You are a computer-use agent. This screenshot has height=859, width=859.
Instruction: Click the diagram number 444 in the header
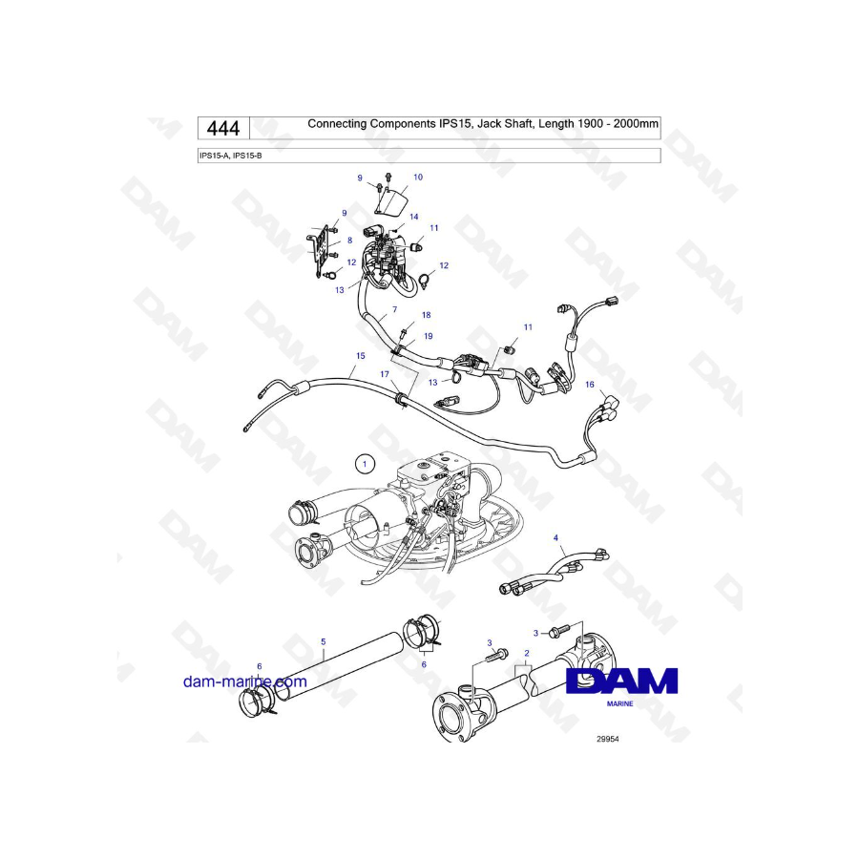(x=223, y=129)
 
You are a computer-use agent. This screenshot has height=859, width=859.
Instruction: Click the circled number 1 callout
(x=365, y=465)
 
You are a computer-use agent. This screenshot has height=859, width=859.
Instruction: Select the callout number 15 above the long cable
(x=361, y=356)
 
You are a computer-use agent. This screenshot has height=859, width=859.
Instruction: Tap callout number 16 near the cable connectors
(x=590, y=385)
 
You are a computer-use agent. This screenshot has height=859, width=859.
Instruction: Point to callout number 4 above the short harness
(x=555, y=538)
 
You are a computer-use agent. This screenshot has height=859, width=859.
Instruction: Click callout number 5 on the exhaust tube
(x=324, y=641)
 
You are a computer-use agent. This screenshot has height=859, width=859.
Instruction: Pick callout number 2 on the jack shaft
(x=527, y=653)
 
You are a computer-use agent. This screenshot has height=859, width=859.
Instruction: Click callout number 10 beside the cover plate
(x=418, y=177)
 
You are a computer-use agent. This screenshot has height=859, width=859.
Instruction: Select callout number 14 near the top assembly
(x=414, y=217)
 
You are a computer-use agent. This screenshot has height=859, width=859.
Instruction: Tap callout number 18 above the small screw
(x=427, y=315)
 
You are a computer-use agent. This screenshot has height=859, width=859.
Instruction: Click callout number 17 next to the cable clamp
(x=385, y=374)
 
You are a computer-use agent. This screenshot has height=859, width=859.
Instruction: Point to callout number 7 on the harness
(x=394, y=309)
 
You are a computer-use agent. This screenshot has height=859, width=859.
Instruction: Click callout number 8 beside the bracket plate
(x=349, y=241)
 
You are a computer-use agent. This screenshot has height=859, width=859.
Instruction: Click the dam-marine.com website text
(x=245, y=681)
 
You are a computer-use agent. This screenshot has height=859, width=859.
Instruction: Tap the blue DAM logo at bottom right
(x=621, y=681)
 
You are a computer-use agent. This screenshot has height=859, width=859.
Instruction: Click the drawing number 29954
(x=608, y=739)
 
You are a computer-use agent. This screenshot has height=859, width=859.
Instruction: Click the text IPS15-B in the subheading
(x=247, y=156)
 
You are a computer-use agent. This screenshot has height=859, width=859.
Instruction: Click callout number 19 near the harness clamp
(x=429, y=336)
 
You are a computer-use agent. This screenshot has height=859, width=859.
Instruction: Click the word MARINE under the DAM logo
(x=620, y=704)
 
